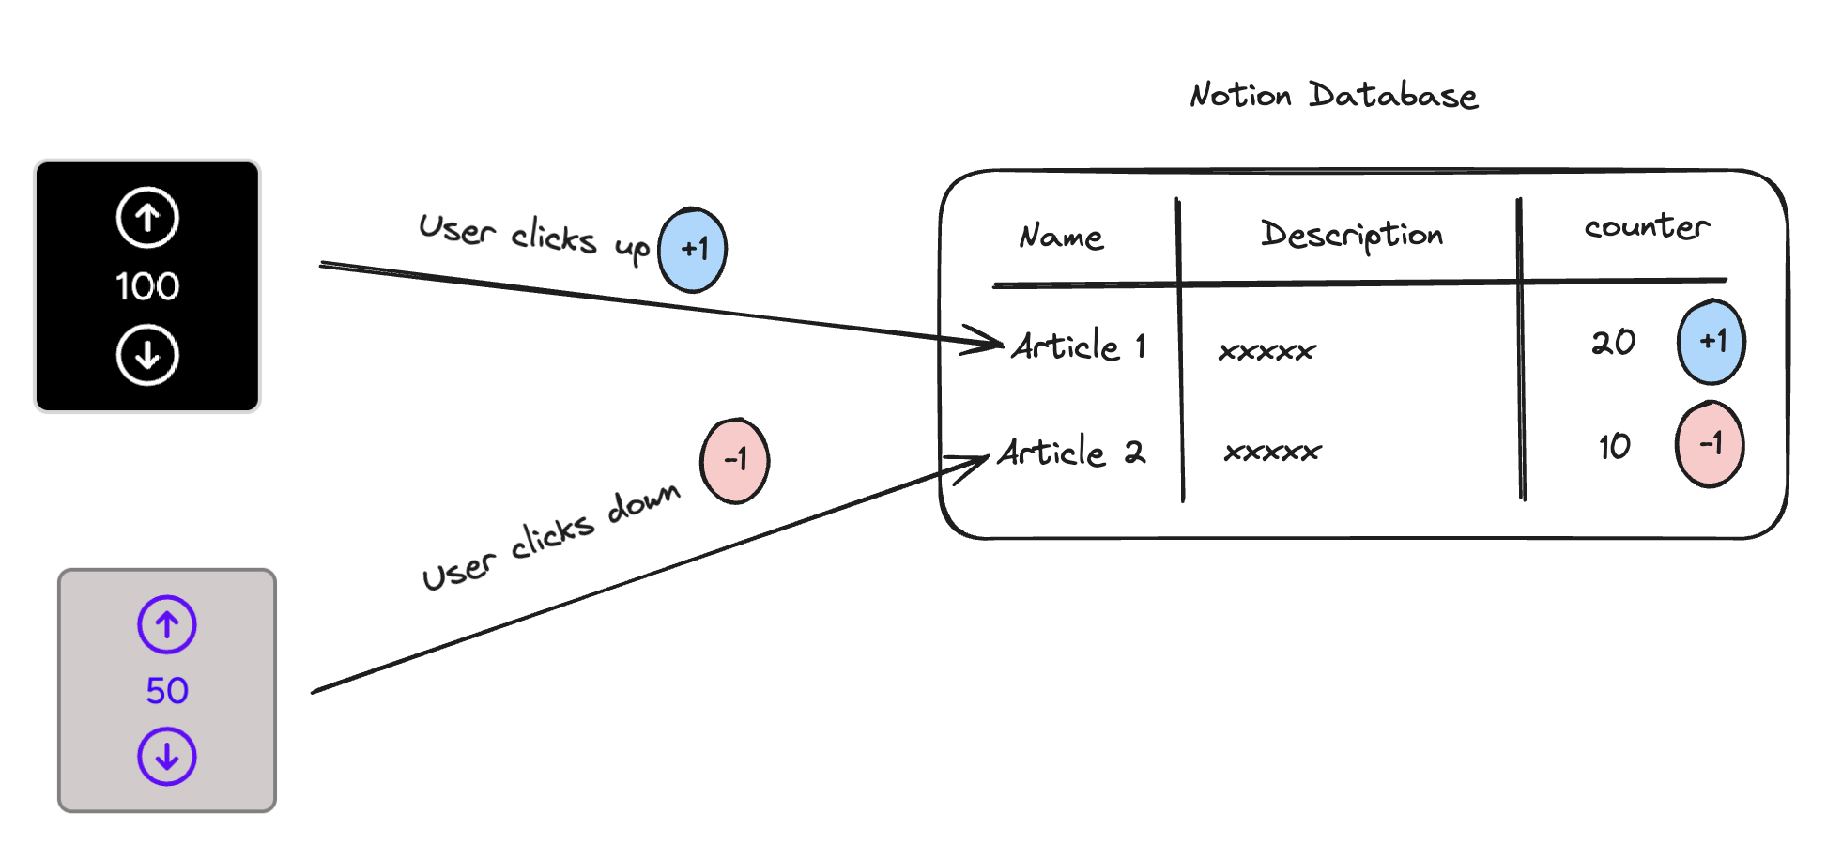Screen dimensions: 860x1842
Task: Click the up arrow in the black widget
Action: tap(147, 218)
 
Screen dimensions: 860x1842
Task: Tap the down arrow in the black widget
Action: tap(147, 355)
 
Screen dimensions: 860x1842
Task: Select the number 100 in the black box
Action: tap(147, 286)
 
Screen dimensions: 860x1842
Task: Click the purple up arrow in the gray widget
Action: tap(167, 624)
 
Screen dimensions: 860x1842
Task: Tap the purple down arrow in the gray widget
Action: tap(167, 756)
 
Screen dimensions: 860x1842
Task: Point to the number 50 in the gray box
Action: tap(167, 691)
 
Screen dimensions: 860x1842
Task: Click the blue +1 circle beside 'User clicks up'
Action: tap(693, 250)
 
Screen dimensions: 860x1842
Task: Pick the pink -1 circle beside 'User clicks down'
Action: tap(734, 460)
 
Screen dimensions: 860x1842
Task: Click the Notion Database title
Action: tap(1333, 96)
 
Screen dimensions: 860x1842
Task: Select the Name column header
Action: tap(1061, 236)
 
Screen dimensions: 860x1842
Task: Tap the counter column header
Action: tap(1646, 227)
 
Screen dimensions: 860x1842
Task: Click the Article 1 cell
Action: tap(1078, 346)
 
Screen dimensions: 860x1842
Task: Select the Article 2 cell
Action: tap(1070, 453)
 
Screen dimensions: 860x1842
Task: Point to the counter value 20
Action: tap(1613, 343)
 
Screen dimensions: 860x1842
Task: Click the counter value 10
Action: tap(1614, 447)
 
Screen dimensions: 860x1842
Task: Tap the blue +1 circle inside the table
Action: tap(1711, 342)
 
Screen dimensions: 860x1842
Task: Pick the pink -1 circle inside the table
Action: tap(1710, 443)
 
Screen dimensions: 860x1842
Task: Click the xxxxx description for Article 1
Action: tap(1266, 351)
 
